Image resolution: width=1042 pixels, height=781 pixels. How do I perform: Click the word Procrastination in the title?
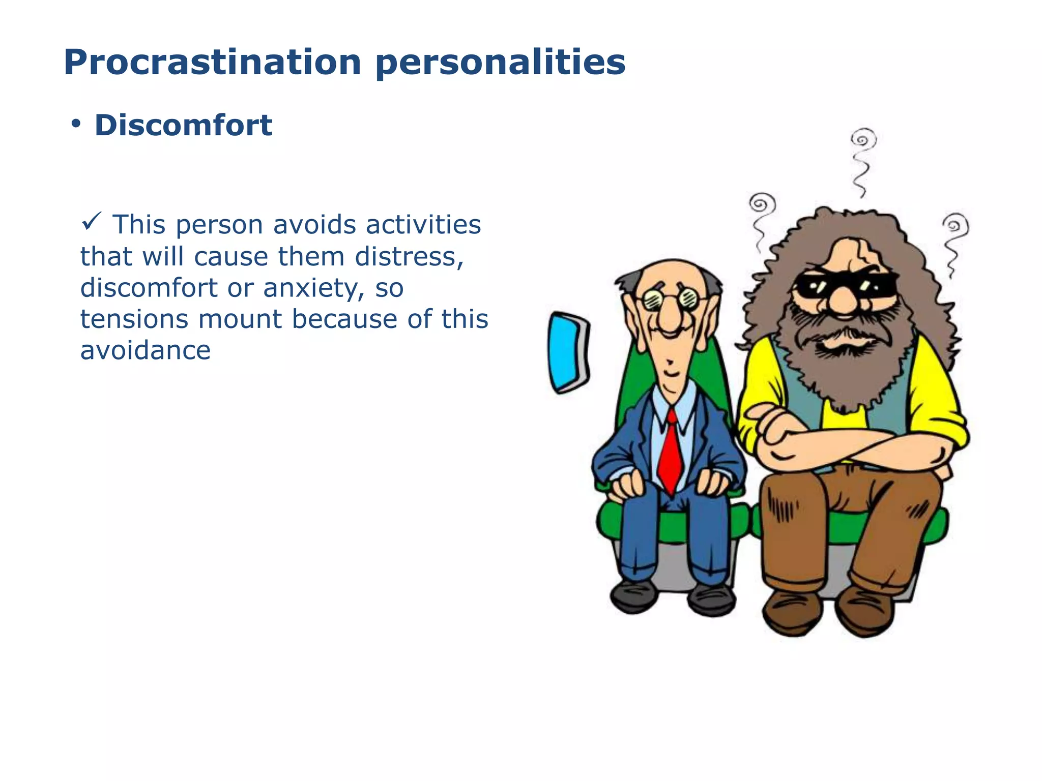[212, 62]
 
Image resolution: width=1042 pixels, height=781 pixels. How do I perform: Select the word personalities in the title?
[501, 62]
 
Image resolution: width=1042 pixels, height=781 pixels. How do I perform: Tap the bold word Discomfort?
[183, 126]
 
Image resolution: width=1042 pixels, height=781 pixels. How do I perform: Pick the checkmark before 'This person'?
[92, 222]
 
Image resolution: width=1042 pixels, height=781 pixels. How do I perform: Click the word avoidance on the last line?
[145, 351]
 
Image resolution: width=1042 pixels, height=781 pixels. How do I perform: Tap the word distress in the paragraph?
[408, 256]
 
